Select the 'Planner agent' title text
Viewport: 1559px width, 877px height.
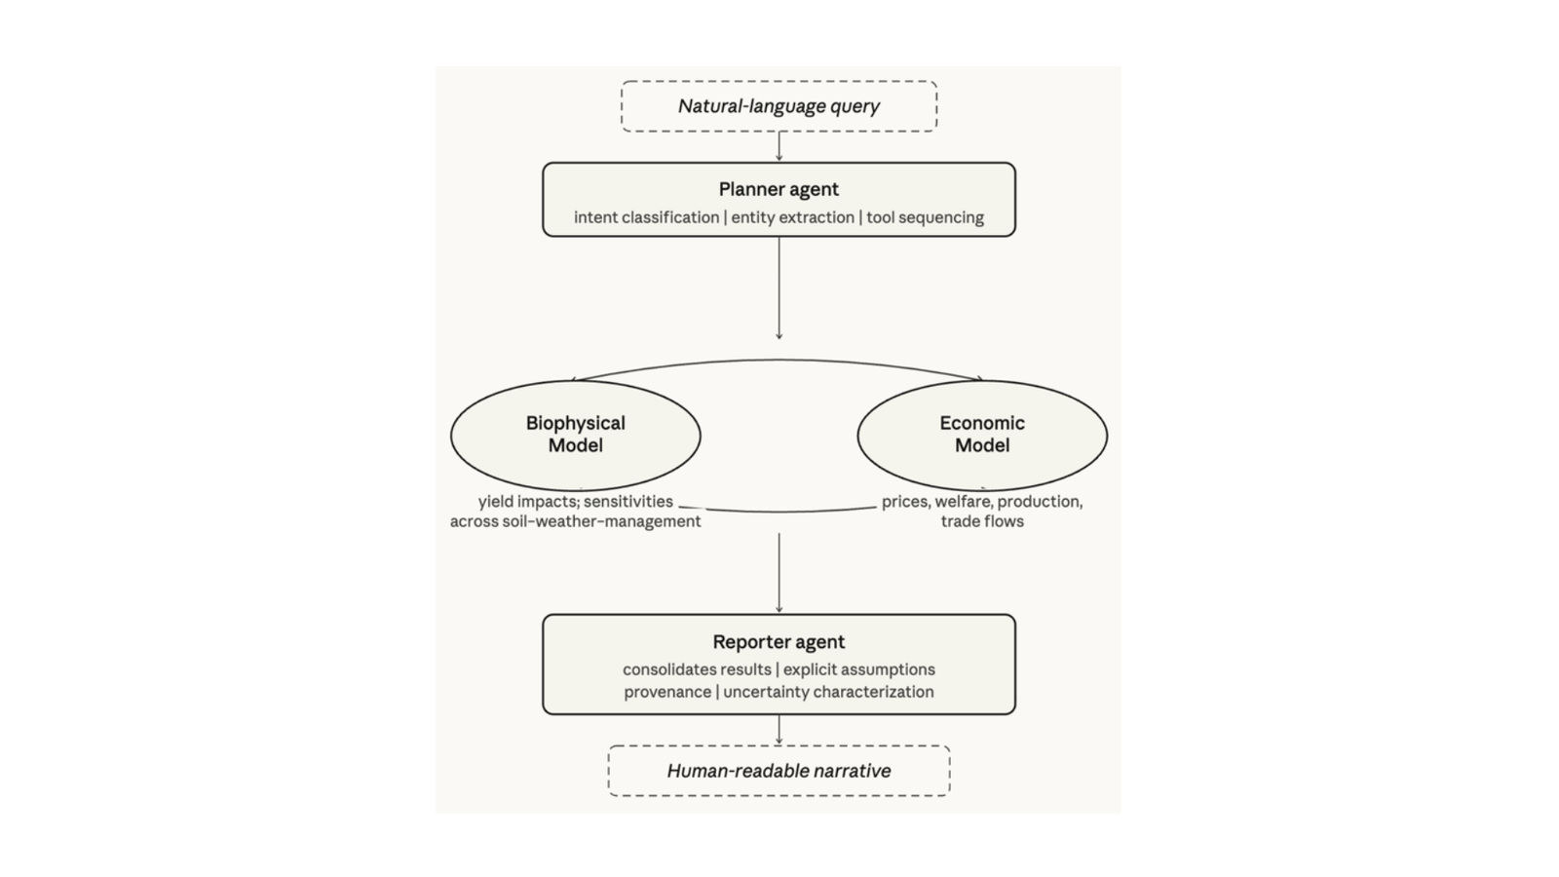779,189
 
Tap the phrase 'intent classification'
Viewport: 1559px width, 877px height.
647,217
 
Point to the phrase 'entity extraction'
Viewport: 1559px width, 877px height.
793,217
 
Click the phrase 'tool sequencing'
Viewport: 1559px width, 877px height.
925,217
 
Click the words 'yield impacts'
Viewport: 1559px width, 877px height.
527,501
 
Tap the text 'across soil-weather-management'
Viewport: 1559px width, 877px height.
576,521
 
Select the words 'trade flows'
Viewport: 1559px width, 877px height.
982,521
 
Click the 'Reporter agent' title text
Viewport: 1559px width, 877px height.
779,642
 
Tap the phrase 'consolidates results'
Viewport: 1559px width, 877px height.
697,669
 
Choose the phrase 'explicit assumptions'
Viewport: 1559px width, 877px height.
858,669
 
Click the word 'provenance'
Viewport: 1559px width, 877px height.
667,692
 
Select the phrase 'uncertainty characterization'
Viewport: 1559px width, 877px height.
828,692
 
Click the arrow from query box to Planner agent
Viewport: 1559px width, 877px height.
779,146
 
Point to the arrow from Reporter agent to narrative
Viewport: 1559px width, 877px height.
779,730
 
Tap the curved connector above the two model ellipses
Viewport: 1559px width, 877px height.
779,360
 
